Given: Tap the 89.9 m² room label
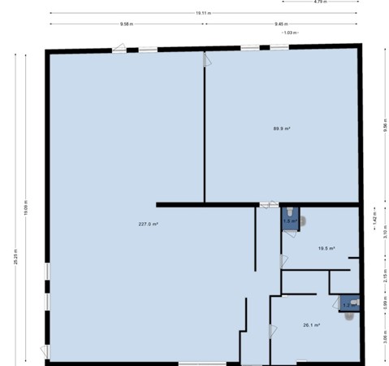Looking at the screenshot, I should (282, 129).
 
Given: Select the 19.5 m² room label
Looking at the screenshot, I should (326, 248).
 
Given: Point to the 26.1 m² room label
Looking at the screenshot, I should (311, 325).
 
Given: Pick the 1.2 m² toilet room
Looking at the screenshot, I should (347, 304).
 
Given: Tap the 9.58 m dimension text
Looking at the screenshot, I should (126, 24).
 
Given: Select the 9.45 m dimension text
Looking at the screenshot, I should (281, 24).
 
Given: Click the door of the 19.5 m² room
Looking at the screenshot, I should (283, 260).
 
